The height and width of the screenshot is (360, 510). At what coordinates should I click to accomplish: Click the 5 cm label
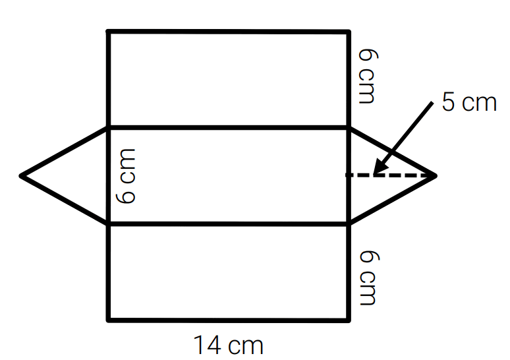469,102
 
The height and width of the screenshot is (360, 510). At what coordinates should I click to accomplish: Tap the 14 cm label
229,345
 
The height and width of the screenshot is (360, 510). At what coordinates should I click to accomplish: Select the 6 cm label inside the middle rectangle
126,177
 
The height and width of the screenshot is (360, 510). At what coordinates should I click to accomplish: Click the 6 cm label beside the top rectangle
368,76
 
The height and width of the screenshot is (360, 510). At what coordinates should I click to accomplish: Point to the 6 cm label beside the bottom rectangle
369,278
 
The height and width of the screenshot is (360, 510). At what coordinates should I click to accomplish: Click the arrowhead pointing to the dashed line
381,166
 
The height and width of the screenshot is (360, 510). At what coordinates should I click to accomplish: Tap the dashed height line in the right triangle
390,175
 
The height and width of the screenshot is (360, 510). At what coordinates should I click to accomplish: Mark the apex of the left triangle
21,176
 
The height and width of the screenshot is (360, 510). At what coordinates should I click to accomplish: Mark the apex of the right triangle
435,176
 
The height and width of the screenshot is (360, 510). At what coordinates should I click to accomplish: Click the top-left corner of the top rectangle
109,32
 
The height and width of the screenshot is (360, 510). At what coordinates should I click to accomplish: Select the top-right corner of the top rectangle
349,32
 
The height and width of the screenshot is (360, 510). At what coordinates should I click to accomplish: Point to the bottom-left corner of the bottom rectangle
109,320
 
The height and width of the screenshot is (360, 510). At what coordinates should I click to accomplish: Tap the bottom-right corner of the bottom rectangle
349,320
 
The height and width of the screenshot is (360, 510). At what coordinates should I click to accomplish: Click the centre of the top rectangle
229,79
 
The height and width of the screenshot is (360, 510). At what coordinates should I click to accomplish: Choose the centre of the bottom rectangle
229,272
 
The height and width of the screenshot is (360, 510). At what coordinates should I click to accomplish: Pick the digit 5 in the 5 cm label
448,102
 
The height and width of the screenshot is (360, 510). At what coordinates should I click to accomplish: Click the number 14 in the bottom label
208,345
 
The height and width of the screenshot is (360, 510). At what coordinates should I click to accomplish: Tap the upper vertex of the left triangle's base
109,128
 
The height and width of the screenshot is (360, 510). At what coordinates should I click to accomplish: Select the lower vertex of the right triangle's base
349,224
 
